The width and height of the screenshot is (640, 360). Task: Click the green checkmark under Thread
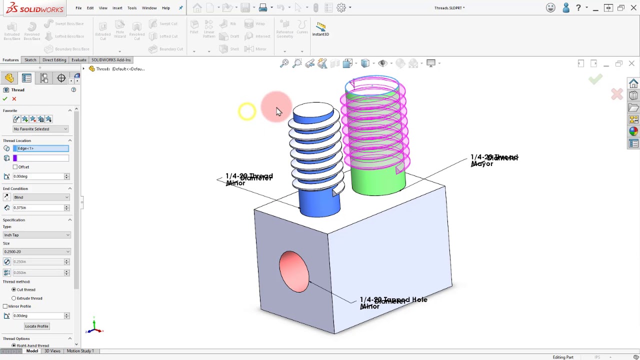tap(5, 99)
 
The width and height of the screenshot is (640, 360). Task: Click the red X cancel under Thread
tap(14, 99)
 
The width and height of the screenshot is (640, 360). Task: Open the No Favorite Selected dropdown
tap(40, 129)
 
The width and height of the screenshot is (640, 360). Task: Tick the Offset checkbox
tap(15, 167)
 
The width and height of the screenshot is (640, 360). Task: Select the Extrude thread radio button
tap(14, 298)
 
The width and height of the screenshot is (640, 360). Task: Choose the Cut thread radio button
tap(14, 290)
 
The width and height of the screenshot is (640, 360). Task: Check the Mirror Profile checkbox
tap(5, 306)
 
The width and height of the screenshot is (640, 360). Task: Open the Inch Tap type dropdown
tap(36, 235)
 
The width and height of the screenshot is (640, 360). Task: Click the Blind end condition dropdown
tap(41, 197)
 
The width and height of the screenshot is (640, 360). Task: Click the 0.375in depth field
tap(37, 208)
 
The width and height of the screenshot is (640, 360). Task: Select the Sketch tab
tap(30, 60)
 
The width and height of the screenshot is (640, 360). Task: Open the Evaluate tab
tap(78, 60)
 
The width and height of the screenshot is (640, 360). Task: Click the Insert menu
tap(117, 8)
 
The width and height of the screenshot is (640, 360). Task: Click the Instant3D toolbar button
tap(320, 29)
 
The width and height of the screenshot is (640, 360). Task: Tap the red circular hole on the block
tap(294, 271)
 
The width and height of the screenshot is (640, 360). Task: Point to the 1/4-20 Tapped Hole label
tap(393, 300)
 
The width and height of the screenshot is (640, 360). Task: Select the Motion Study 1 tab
tap(80, 351)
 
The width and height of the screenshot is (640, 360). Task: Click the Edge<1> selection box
tap(40, 148)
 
